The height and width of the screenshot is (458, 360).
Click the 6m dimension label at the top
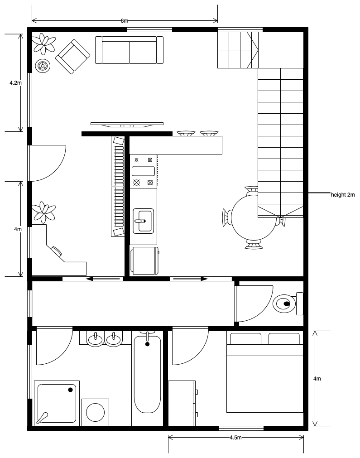click(x=124, y=21)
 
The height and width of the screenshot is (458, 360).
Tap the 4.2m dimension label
click(x=15, y=83)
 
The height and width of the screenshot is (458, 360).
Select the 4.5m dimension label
click(x=235, y=438)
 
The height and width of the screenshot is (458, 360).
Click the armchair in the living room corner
click(x=72, y=56)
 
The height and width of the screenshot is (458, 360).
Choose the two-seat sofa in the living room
click(x=129, y=50)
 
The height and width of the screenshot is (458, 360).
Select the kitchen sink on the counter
click(x=143, y=221)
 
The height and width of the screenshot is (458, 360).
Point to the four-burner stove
click(x=143, y=171)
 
